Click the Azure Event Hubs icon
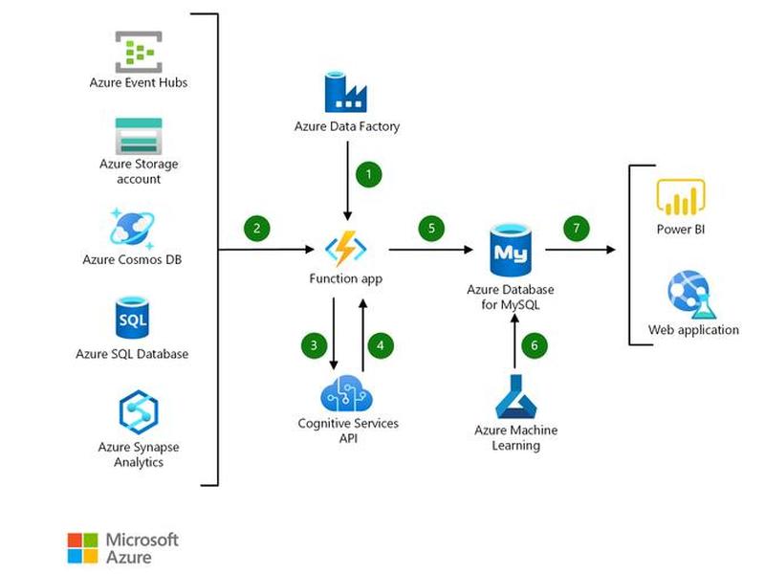139,53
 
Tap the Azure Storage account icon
139,136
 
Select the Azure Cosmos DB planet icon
132,229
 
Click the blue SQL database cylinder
132,318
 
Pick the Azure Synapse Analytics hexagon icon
139,411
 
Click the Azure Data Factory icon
345,92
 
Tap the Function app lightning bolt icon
346,249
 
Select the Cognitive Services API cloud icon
347,393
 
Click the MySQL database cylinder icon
511,251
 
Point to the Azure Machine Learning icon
515,396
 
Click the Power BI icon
681,197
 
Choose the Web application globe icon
691,295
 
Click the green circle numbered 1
369,174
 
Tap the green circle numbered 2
256,228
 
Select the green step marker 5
431,228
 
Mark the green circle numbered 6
535,345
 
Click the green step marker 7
577,228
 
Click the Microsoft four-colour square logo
82,548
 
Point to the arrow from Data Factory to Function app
347,181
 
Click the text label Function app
346,279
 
